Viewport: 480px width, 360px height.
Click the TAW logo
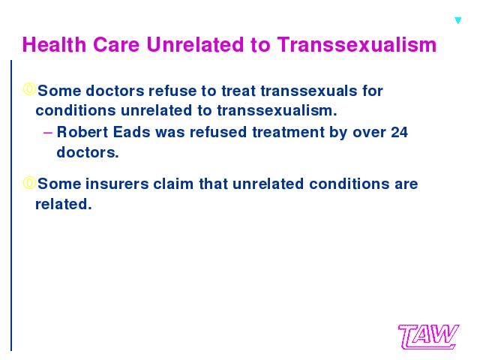(x=428, y=337)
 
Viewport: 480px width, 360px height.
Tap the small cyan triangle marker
(x=457, y=20)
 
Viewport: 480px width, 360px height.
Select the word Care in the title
(x=116, y=45)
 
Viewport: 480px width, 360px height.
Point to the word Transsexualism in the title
(x=357, y=45)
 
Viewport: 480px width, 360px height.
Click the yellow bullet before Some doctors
(x=29, y=89)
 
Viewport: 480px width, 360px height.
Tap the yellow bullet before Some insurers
(x=29, y=183)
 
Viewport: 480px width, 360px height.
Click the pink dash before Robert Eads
(x=48, y=133)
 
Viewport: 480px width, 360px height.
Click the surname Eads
(x=132, y=132)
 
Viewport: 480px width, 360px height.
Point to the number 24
(x=399, y=132)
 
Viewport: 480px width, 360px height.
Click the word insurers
(x=117, y=184)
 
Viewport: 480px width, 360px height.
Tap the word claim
(x=173, y=184)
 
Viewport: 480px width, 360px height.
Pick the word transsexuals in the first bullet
(x=309, y=91)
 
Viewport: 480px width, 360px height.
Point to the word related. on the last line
(x=64, y=204)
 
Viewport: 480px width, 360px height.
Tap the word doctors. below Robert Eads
(x=88, y=152)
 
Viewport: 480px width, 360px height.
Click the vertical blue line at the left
(x=11, y=205)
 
